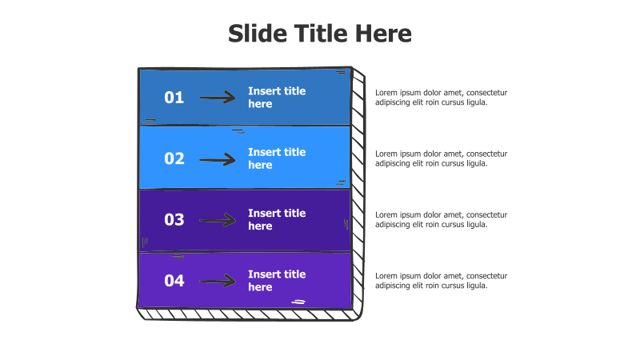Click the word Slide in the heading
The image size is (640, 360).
[x=258, y=33]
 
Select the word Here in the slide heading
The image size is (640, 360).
[x=383, y=33]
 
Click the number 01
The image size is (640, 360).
[x=174, y=98]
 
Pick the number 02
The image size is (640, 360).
[x=174, y=158]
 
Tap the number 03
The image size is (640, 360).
[x=174, y=219]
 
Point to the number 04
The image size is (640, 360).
[x=174, y=281]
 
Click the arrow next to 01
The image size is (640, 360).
[x=218, y=98]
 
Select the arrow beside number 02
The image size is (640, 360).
[x=218, y=159]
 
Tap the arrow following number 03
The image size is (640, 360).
[x=218, y=221]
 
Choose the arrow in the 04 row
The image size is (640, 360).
[x=218, y=282]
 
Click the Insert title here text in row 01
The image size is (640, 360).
[x=277, y=97]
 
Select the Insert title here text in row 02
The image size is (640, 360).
[x=277, y=158]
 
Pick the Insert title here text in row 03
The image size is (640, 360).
[x=277, y=219]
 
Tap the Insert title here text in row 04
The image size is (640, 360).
[x=277, y=281]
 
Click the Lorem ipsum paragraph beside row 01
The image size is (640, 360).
[x=442, y=98]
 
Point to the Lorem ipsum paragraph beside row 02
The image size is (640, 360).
[x=442, y=158]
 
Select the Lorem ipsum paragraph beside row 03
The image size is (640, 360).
[x=442, y=219]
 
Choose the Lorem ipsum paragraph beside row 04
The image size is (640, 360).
[x=442, y=281]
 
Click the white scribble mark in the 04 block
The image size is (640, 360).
[x=298, y=302]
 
